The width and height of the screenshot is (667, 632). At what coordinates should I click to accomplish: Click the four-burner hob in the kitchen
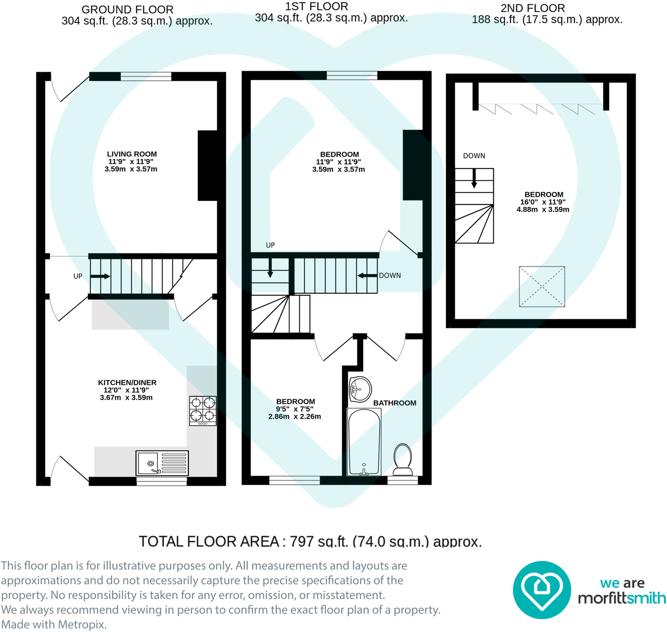[203, 411]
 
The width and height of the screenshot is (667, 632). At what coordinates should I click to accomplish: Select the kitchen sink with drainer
[162, 463]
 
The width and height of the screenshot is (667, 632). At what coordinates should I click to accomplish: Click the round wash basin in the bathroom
[360, 388]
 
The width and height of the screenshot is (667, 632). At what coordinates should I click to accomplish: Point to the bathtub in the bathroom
[364, 442]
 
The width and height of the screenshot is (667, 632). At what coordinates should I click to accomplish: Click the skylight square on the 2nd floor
[542, 287]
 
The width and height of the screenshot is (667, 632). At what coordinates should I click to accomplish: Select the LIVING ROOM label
[132, 154]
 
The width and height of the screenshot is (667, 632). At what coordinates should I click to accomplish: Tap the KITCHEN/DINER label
[127, 383]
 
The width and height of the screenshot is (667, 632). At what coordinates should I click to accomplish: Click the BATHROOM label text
[394, 403]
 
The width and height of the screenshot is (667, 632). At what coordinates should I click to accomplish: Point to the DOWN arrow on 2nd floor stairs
[474, 178]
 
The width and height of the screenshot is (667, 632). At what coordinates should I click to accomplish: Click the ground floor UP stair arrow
[100, 276]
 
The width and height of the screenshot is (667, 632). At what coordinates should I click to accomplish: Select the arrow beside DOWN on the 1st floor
[367, 275]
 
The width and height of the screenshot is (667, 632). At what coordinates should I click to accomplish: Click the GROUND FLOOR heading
[127, 10]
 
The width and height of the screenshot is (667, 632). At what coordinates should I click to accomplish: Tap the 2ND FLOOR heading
[533, 8]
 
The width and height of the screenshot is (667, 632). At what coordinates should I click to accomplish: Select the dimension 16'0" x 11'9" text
[543, 202]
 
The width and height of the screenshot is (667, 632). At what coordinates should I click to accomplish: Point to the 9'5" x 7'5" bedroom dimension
[294, 409]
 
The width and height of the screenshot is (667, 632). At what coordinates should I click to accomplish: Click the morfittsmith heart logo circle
[541, 590]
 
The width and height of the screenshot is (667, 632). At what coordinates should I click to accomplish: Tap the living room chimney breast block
[207, 165]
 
